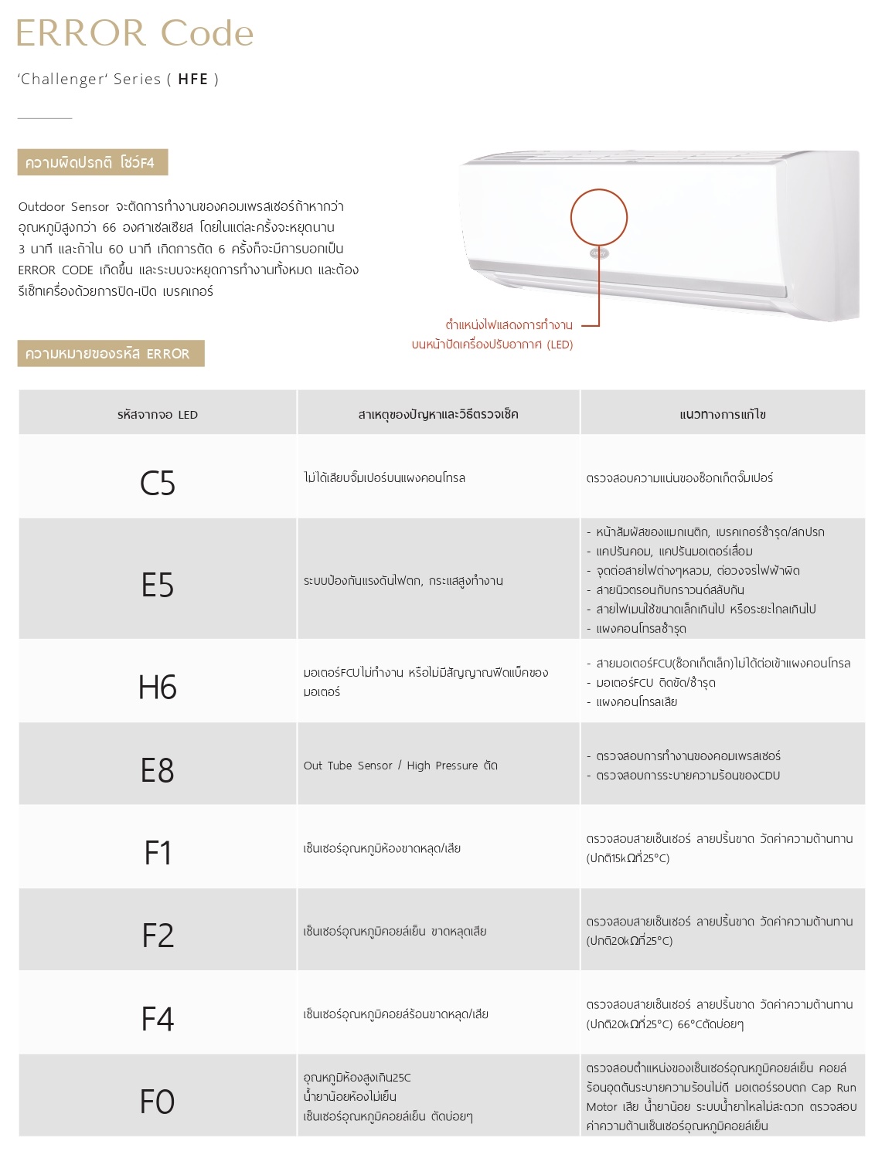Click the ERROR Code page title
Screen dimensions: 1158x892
tap(134, 33)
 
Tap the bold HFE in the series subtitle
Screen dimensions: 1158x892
tap(193, 79)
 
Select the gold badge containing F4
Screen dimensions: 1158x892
tap(92, 162)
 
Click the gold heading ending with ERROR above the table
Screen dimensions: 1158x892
tap(111, 354)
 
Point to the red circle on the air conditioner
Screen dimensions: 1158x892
tap(599, 216)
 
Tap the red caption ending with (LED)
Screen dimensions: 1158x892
tap(492, 345)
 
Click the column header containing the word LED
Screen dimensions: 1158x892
tap(158, 415)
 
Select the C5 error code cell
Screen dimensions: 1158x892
tap(158, 484)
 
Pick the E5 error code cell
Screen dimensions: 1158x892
tap(158, 585)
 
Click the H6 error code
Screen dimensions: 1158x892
tap(158, 687)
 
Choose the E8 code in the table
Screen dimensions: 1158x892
tap(158, 770)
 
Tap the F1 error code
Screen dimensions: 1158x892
tap(158, 853)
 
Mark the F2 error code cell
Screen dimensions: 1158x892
tap(158, 936)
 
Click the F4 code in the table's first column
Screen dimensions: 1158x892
tap(158, 1019)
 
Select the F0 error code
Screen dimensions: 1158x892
tap(158, 1102)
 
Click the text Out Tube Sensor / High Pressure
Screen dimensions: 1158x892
tap(391, 766)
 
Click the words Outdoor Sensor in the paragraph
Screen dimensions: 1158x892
tap(63, 207)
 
